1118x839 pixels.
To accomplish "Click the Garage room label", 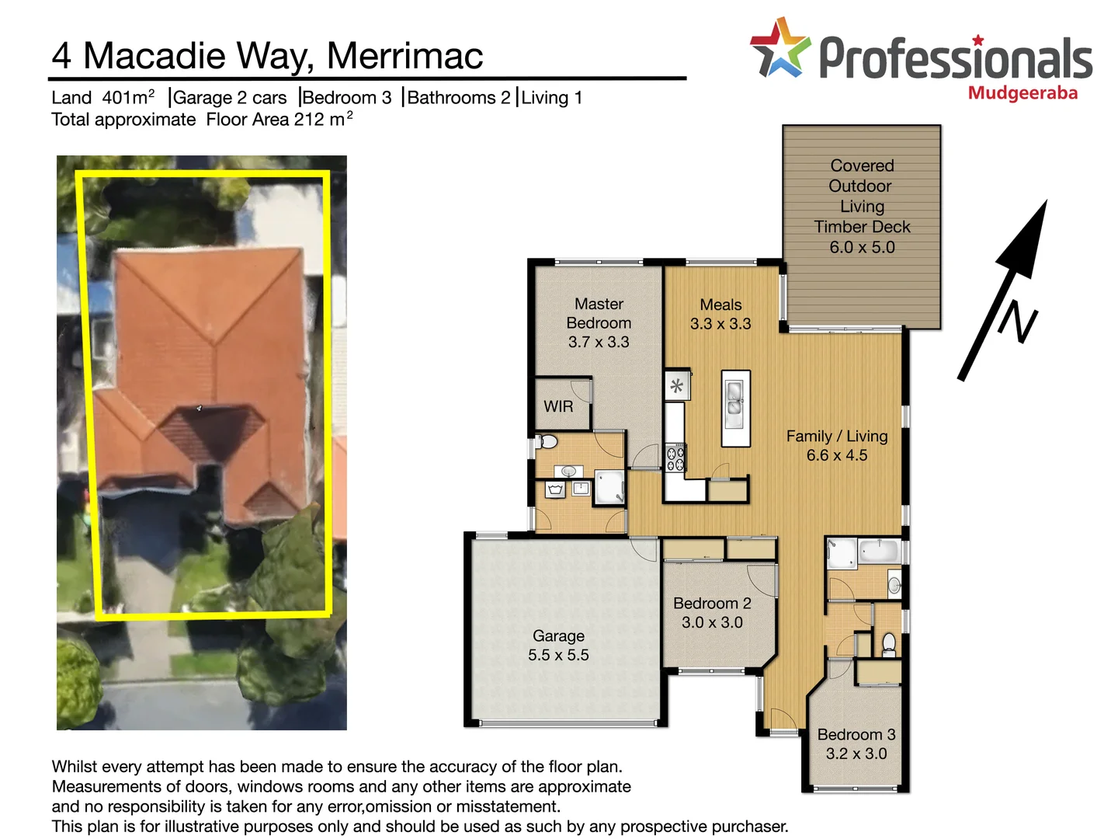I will click(x=558, y=646).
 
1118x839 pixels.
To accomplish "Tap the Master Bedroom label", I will click(x=599, y=322).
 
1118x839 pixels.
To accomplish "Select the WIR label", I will click(x=558, y=406).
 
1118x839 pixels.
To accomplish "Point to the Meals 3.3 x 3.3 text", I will click(x=720, y=314).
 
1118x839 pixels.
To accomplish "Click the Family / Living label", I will click(x=837, y=445).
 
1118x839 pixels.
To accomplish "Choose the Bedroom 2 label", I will click(x=712, y=612).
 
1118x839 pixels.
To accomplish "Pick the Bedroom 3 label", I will click(x=856, y=743).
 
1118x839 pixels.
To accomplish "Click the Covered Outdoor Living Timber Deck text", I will click(x=862, y=206).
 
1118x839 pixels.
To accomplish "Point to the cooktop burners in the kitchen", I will click(x=675, y=459).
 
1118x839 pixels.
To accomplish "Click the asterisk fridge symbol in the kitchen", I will click(x=677, y=386).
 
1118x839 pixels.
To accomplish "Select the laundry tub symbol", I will click(x=555, y=489).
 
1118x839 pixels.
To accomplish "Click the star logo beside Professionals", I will click(x=779, y=48).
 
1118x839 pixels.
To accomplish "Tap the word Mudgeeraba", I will click(x=1023, y=94).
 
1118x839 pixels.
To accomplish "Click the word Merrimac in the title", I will click(x=404, y=56).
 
